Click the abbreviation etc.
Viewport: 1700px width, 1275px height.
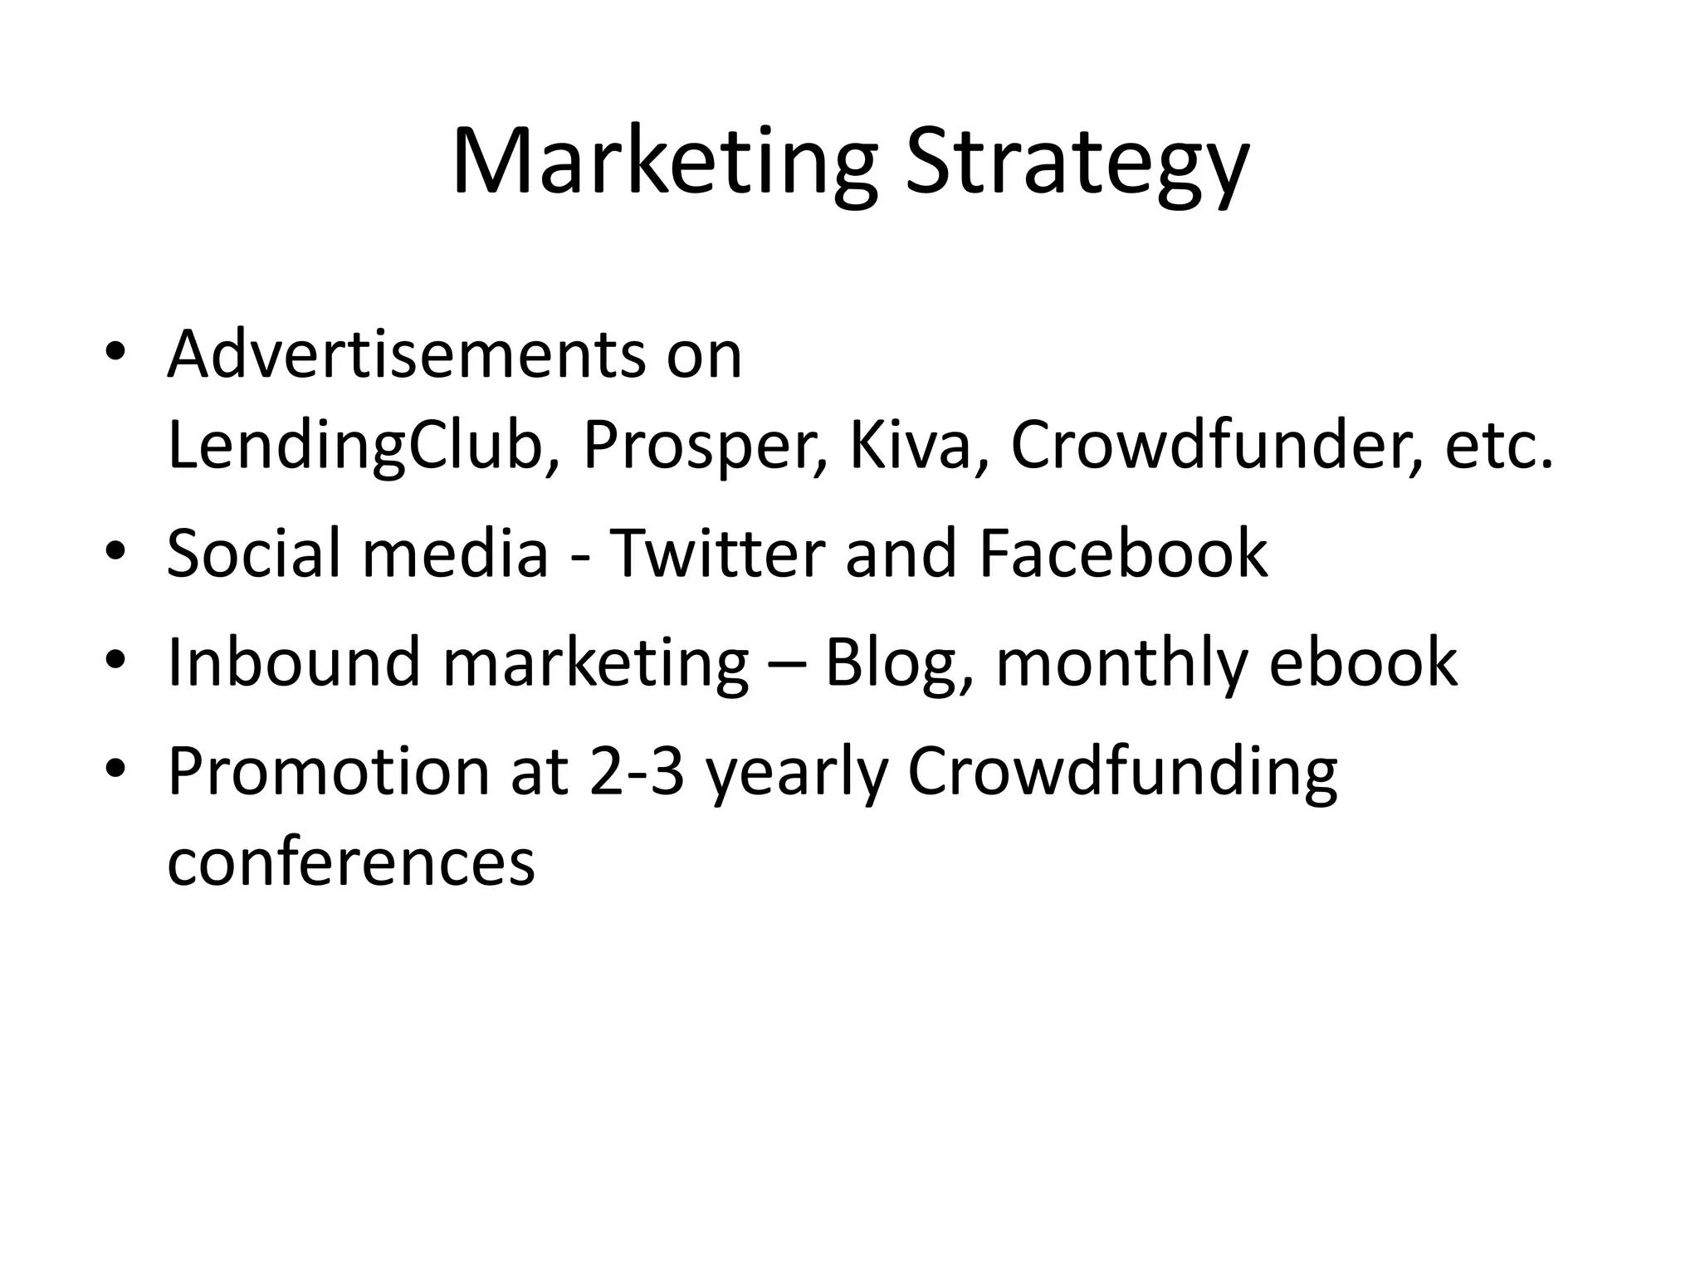click(x=1498, y=447)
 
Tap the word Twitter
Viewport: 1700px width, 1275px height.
click(x=717, y=553)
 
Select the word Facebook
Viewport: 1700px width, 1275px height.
click(x=1123, y=553)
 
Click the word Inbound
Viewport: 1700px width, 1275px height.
click(x=294, y=662)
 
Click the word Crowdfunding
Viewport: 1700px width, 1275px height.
click(x=1122, y=771)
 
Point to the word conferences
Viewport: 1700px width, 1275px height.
click(x=351, y=861)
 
